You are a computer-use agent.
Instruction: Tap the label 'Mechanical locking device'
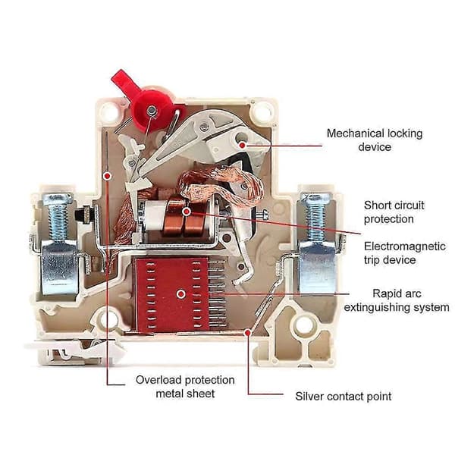(x=375, y=140)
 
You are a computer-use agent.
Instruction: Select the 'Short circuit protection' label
(x=394, y=212)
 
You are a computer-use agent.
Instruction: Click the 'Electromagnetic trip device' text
(x=404, y=253)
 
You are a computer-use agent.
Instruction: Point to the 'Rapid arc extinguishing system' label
(x=397, y=300)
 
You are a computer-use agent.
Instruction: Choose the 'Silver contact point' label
(x=343, y=396)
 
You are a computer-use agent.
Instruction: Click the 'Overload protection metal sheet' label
(x=185, y=387)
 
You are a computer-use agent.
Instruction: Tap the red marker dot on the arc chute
(x=181, y=294)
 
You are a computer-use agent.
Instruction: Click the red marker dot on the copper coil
(x=187, y=212)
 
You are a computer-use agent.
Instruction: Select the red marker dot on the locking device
(x=242, y=145)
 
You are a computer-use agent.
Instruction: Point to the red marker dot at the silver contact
(x=247, y=333)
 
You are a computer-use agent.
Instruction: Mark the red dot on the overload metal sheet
(x=108, y=176)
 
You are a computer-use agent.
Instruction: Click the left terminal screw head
(x=57, y=199)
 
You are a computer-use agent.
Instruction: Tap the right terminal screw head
(x=315, y=198)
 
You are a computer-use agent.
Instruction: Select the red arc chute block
(x=172, y=294)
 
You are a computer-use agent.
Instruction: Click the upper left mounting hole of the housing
(x=110, y=112)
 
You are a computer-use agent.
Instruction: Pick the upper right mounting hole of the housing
(x=262, y=111)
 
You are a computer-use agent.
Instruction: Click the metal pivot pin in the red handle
(x=151, y=110)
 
